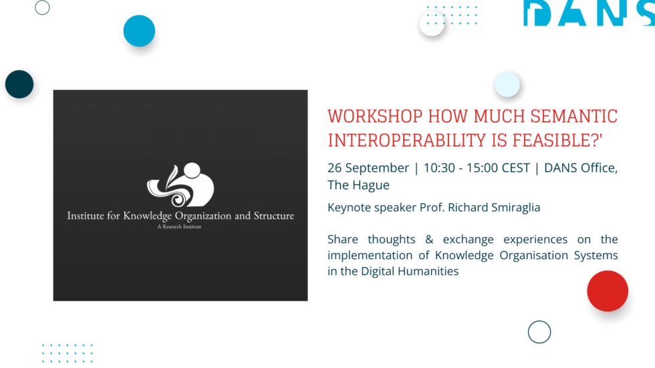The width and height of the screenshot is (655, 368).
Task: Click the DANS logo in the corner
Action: click(x=588, y=13)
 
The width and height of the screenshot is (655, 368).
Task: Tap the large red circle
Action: click(x=608, y=291)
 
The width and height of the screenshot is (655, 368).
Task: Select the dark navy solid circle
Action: click(x=19, y=84)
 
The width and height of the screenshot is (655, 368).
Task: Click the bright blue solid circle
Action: click(x=139, y=31)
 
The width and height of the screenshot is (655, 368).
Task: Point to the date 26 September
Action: click(x=368, y=168)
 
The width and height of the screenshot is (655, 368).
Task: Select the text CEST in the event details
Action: click(x=514, y=168)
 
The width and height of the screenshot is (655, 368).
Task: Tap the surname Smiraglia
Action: click(x=511, y=208)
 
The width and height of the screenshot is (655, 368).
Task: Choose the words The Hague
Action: click(x=358, y=185)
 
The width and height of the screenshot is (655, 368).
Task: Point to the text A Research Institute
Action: click(x=179, y=227)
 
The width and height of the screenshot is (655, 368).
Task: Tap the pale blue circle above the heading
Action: click(x=507, y=84)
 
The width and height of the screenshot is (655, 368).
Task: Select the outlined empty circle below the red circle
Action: click(x=539, y=332)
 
